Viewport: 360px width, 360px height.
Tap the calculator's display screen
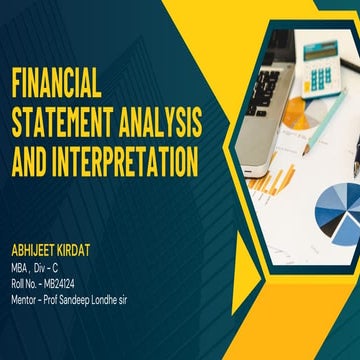pos(320,49)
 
